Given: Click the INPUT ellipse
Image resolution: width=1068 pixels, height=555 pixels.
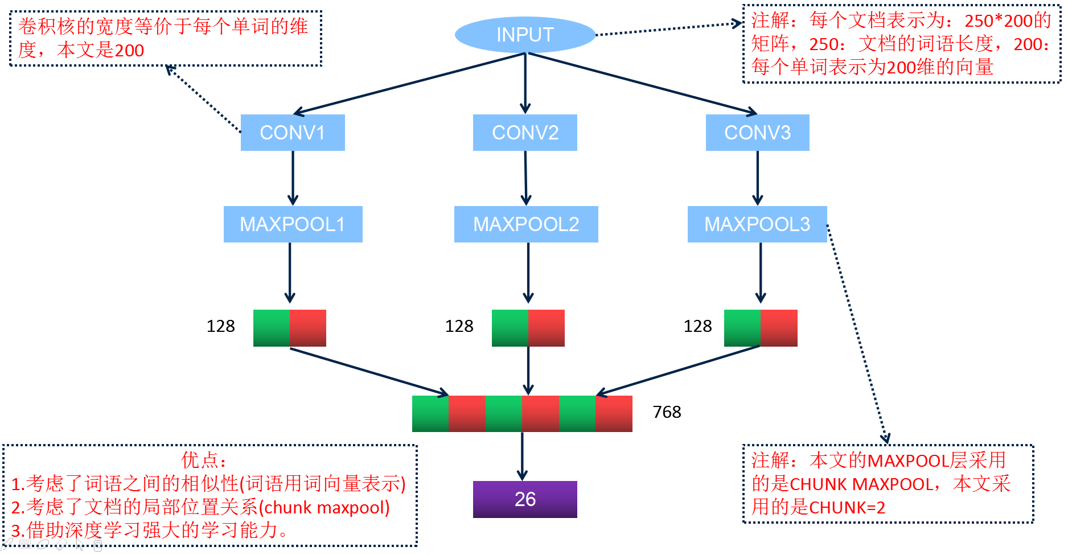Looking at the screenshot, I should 525,35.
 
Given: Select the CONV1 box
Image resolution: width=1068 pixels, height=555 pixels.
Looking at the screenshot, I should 293,133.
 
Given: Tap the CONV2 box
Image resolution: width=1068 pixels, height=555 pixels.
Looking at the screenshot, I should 525,133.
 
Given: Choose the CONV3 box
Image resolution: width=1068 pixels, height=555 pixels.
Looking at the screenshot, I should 757,133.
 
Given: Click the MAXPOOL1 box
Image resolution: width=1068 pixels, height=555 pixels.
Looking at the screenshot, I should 293,224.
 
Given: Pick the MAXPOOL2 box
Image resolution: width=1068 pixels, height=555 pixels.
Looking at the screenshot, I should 526,224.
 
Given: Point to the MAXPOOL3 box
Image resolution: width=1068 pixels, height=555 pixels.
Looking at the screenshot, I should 757,224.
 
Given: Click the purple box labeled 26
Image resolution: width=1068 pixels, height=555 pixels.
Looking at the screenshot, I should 525,499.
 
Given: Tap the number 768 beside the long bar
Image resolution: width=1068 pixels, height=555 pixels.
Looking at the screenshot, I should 667,412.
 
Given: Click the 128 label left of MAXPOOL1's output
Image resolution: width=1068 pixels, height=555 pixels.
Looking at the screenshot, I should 220,326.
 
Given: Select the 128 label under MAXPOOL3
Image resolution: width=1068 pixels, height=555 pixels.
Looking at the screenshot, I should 697,326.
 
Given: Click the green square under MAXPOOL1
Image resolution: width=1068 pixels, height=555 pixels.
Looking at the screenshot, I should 272,328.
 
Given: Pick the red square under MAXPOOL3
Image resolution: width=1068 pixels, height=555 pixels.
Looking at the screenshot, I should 779,328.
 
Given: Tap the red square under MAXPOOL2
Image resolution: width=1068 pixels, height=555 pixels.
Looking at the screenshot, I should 546,328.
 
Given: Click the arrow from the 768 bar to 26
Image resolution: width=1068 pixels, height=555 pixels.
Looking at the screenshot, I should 522,455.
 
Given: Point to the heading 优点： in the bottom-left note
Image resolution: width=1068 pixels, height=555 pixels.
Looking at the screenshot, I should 204,460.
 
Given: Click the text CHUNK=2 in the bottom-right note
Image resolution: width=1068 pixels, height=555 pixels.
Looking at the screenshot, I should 847,507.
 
